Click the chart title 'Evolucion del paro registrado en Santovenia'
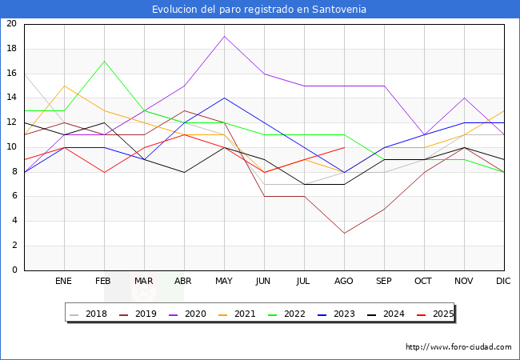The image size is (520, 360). pyautogui.click(x=259, y=10)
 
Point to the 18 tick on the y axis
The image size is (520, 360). pyautogui.click(x=11, y=49)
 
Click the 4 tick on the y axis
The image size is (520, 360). pyautogui.click(x=14, y=221)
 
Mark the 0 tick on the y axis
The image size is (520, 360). pyautogui.click(x=14, y=270)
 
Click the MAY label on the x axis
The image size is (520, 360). pyautogui.click(x=224, y=282)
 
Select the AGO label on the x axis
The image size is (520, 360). pyautogui.click(x=344, y=282)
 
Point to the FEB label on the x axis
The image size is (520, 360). pyautogui.click(x=104, y=282)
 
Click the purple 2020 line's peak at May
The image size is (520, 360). pyautogui.click(x=224, y=36)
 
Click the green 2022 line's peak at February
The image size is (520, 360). pyautogui.click(x=104, y=61)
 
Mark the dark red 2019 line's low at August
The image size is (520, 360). pyautogui.click(x=344, y=234)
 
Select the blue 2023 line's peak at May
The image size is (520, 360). pyautogui.click(x=224, y=98)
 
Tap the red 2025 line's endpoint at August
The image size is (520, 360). pyautogui.click(x=344, y=147)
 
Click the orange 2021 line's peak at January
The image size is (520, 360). pyautogui.click(x=64, y=86)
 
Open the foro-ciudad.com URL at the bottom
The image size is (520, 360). pyautogui.click(x=458, y=347)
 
